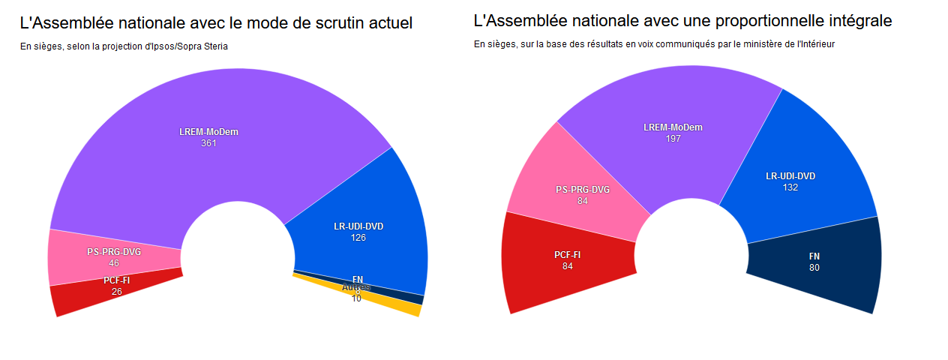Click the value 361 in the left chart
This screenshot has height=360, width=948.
[208, 143]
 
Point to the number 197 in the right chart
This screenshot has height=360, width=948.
[673, 139]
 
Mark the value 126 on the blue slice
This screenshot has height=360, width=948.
[358, 238]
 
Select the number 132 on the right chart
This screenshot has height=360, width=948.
[790, 187]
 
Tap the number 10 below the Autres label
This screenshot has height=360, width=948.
[356, 298]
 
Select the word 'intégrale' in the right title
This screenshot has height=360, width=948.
[859, 21]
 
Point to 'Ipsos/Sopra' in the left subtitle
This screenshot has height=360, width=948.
[167, 46]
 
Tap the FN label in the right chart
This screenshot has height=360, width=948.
[814, 256]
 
